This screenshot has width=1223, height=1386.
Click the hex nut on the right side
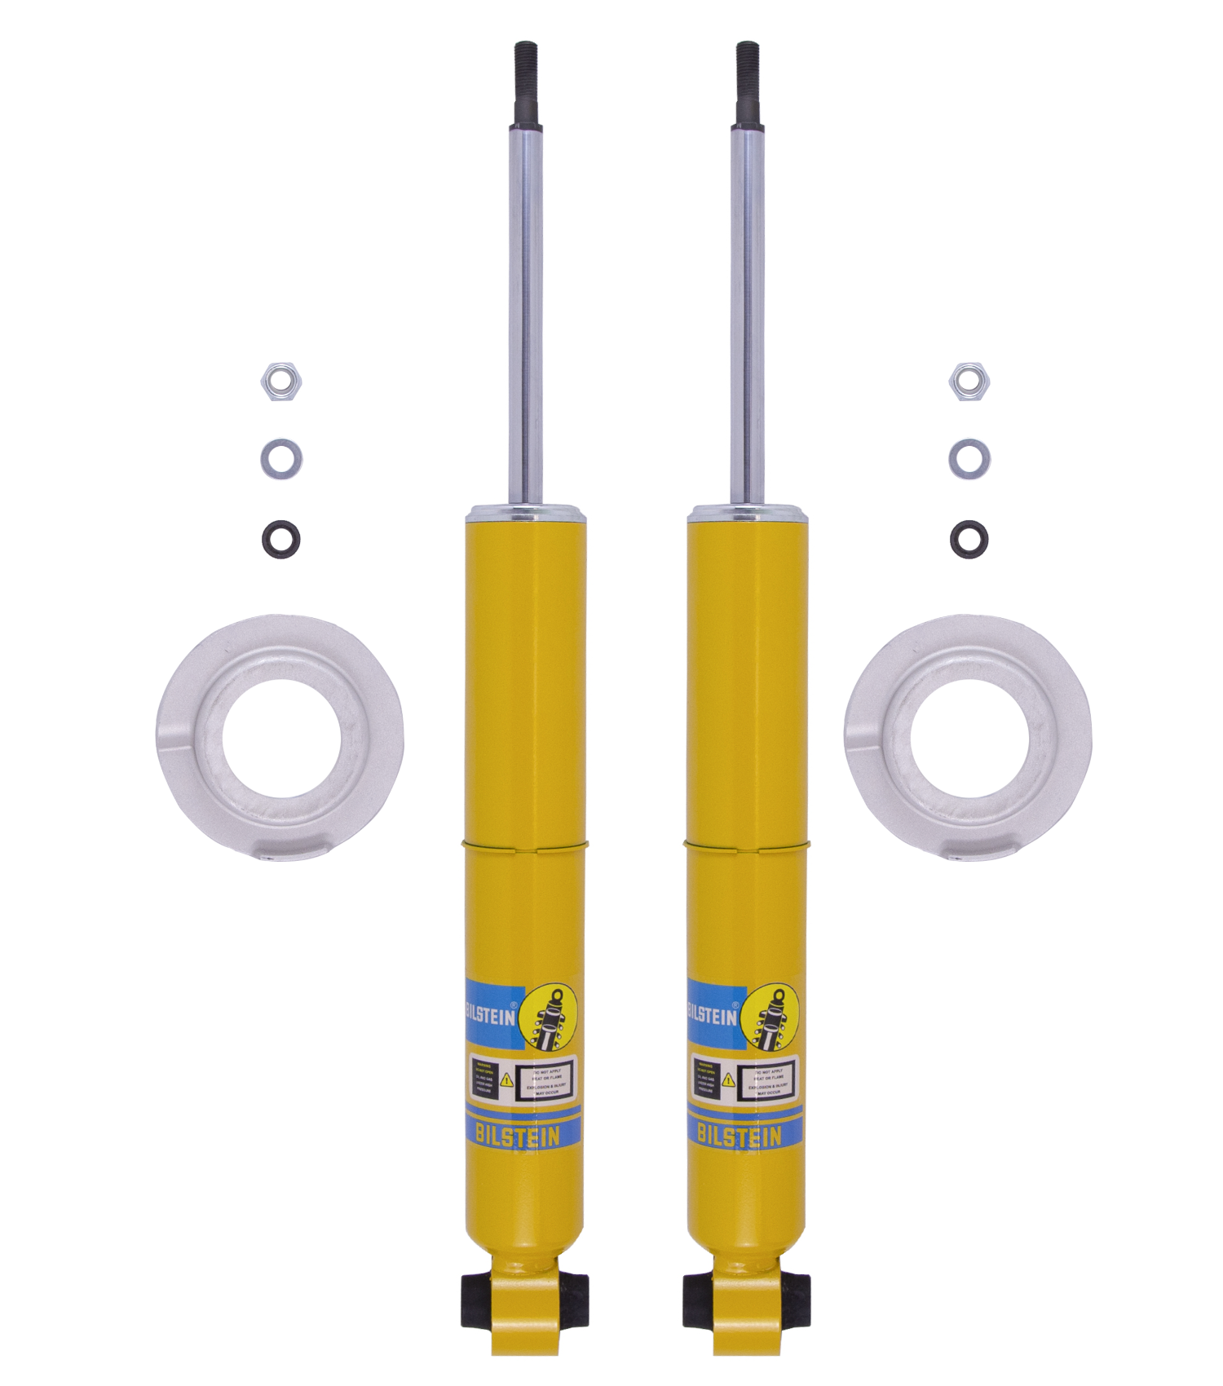969,381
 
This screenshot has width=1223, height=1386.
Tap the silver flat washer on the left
281,459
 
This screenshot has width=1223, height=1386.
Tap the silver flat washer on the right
969,459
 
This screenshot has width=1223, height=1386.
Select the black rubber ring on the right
969,539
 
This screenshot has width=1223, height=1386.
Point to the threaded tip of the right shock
748,82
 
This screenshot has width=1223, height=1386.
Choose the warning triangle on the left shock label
506,1081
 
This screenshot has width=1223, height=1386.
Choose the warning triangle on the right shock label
728,1081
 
